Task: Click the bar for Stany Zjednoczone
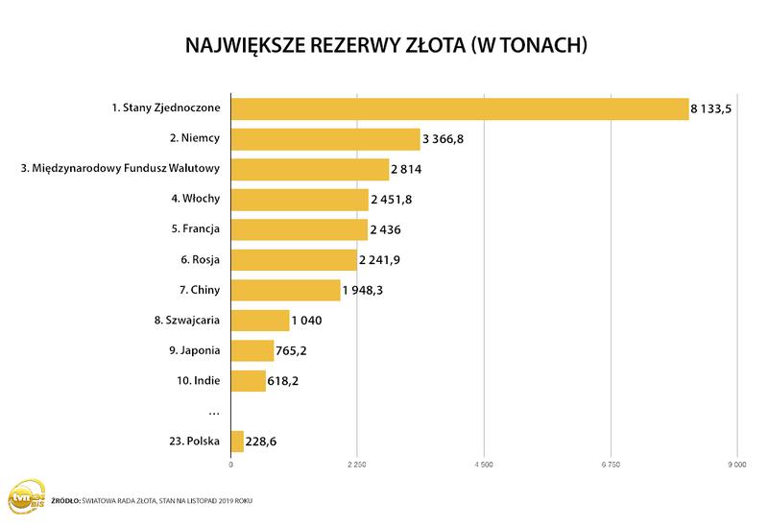tap(459, 108)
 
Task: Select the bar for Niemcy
tap(325, 139)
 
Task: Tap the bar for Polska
tap(237, 442)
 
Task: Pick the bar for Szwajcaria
tap(260, 321)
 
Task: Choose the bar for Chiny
tap(286, 290)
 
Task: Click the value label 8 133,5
tap(711, 109)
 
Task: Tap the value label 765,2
tap(294, 351)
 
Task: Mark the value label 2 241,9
tap(381, 260)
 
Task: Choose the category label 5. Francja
tap(195, 229)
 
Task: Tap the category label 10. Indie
tap(198, 381)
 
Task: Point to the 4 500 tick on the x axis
tap(484, 466)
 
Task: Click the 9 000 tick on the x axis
tap(736, 466)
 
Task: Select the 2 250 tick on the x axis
tap(357, 466)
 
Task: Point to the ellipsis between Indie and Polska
tap(214, 412)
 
